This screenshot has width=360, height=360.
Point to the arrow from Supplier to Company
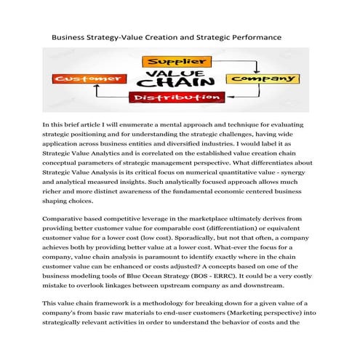click(x=233, y=61)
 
